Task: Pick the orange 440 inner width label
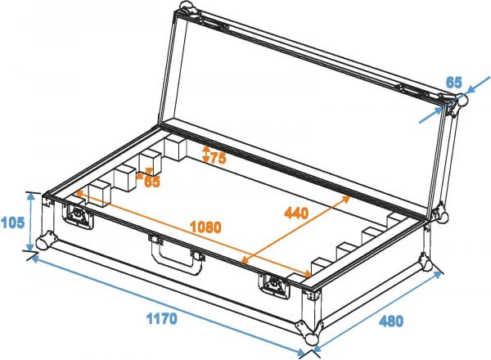295,215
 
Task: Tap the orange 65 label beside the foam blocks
152,182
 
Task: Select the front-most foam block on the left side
99,194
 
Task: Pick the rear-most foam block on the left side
175,148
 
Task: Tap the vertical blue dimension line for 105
33,220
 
